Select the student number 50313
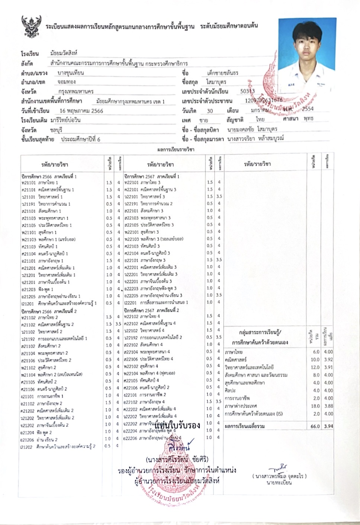[x=248, y=91]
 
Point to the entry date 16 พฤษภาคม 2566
[x=81, y=111]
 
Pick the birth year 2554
[x=308, y=109]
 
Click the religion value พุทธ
[x=308, y=119]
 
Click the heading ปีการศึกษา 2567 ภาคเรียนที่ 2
[x=152, y=310]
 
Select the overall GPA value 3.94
[x=328, y=426]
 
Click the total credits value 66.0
[x=315, y=426]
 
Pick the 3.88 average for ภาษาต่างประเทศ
[x=328, y=406]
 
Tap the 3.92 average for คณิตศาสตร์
[x=328, y=360]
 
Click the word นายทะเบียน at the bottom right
[x=279, y=483]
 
